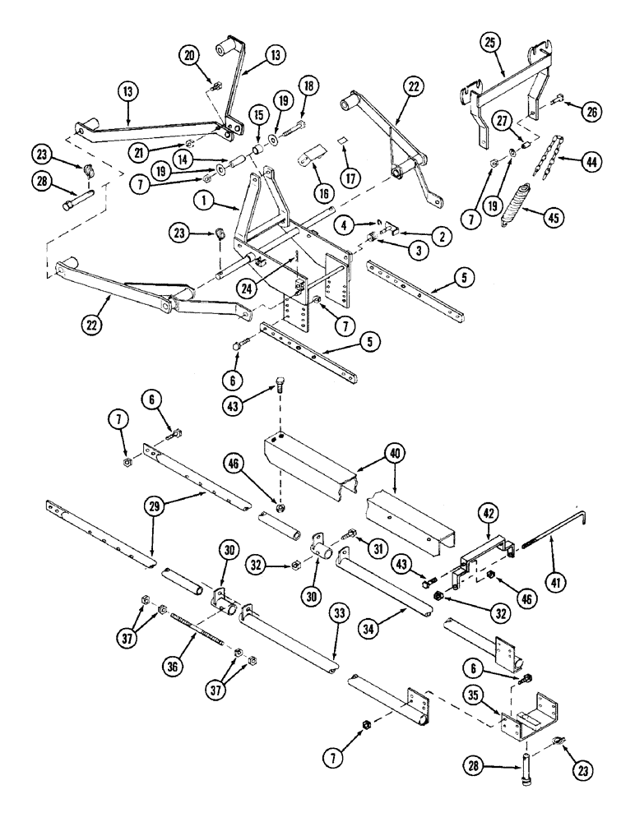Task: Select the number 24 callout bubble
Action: click(x=267, y=288)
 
